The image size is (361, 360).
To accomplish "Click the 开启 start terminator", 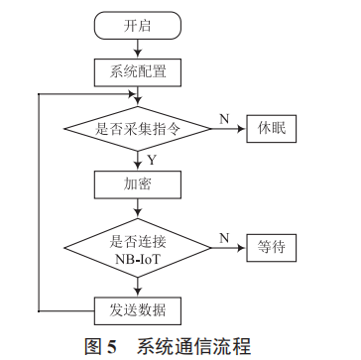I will tap(137, 26).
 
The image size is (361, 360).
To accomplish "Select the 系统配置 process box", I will tap(137, 70).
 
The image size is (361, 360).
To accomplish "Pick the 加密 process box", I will tap(137, 184).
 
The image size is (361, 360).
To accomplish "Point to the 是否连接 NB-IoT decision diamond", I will tap(137, 247).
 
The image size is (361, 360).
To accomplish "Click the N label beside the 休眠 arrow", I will tap(224, 117).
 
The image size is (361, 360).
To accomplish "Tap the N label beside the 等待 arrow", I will tap(224, 237).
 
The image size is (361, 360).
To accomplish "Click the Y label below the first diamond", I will tap(151, 158).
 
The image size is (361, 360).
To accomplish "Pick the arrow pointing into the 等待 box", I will tap(227, 247).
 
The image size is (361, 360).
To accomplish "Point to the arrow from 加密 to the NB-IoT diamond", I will tap(137, 209).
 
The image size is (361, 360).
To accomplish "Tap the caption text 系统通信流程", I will tap(194, 346).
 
